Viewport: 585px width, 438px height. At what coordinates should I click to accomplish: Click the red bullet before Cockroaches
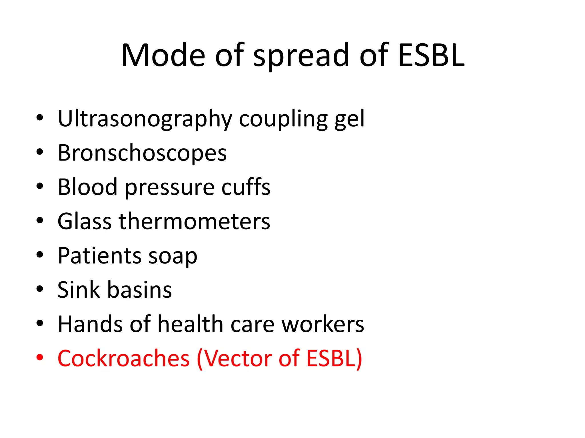click(40, 357)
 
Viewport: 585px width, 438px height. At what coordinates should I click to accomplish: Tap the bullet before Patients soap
click(40, 254)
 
